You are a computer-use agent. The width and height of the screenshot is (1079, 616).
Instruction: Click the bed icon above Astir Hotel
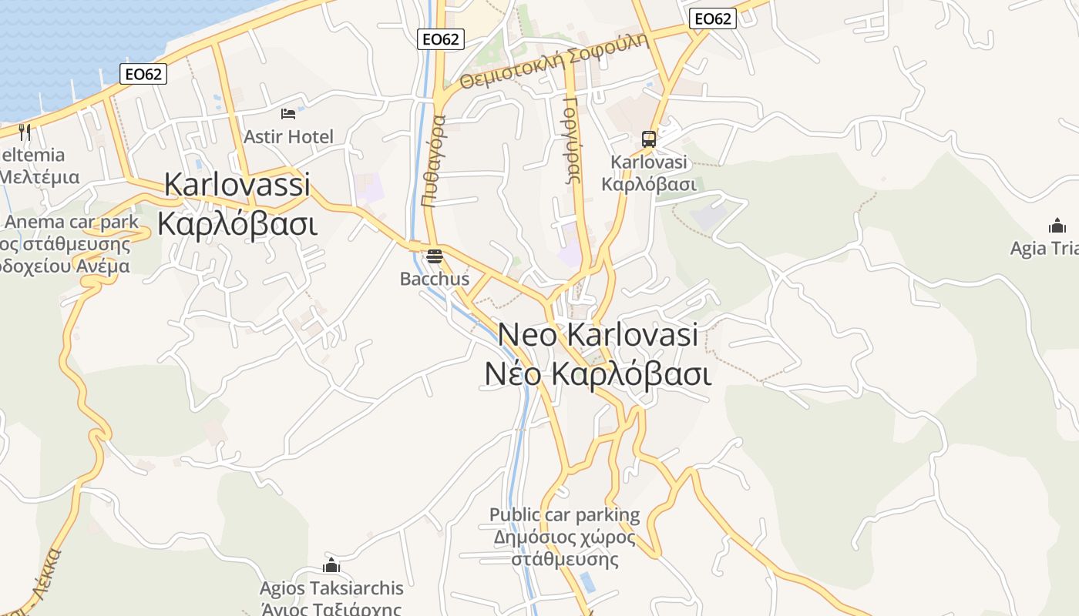288,114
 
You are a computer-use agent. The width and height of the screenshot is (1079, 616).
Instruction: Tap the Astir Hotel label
288,137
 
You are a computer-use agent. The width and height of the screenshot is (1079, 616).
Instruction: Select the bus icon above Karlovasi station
649,139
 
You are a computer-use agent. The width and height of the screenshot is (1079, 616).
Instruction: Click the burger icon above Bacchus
435,256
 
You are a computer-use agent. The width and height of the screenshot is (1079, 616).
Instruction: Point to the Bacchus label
435,279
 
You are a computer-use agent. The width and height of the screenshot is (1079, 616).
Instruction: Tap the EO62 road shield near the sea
143,74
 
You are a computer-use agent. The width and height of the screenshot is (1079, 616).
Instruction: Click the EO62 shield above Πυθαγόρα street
441,39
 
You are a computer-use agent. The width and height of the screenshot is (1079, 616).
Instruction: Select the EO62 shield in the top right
712,19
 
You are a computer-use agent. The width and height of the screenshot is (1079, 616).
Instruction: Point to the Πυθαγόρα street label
433,161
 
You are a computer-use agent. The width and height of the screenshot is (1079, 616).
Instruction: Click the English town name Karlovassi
237,185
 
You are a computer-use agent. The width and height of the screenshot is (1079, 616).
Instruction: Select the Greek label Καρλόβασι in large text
237,223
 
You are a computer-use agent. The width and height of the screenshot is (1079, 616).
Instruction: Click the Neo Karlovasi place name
598,335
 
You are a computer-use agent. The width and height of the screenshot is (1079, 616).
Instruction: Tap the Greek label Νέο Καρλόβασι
597,373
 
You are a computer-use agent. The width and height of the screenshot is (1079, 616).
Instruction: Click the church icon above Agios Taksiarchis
331,566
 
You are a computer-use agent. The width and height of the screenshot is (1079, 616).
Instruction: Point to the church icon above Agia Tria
1057,226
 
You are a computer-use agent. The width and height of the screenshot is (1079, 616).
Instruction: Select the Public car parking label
565,514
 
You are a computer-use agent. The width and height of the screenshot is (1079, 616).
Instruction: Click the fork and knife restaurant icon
25,132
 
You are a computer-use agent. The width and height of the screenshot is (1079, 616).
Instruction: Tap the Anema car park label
72,223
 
